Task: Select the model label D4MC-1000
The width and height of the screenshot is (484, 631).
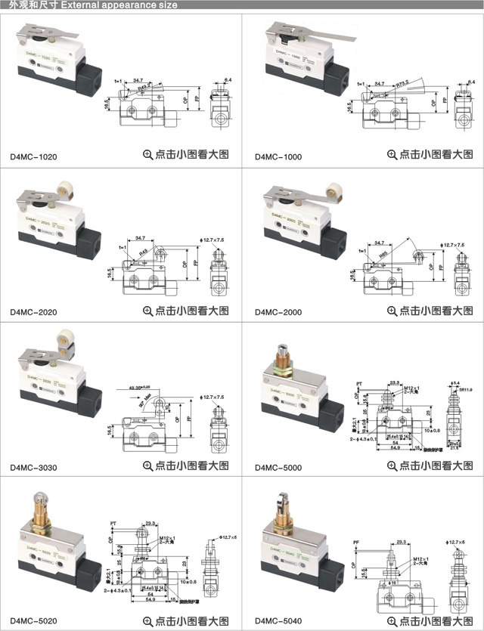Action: tap(278, 156)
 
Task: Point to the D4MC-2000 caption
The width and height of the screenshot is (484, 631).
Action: tap(278, 311)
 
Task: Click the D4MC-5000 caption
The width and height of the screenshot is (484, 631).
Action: tap(278, 467)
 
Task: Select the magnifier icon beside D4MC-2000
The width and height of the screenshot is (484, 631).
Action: tap(392, 310)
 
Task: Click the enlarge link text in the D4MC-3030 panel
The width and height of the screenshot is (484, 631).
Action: tap(192, 465)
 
